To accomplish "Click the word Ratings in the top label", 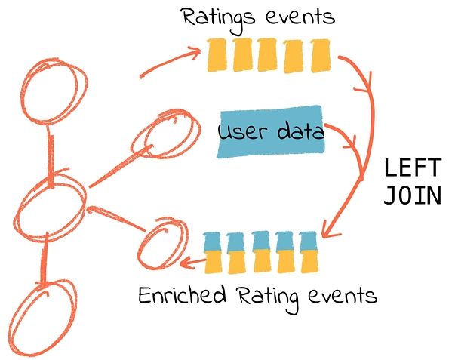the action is (x=219, y=18).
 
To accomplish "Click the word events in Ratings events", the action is (x=300, y=17).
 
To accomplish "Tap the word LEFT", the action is (x=413, y=168).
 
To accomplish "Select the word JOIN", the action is (x=413, y=195).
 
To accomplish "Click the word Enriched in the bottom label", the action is (x=182, y=294).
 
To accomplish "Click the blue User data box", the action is (x=271, y=132).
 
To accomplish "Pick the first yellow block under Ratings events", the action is (x=217, y=55).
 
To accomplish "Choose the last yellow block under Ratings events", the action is (x=320, y=56).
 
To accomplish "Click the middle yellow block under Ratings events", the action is (x=267, y=55).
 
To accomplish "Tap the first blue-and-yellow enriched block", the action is (x=214, y=253).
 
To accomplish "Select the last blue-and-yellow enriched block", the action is (x=309, y=252).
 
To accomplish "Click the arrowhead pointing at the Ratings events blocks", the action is (x=196, y=51).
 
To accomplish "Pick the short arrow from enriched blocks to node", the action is (x=192, y=263).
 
